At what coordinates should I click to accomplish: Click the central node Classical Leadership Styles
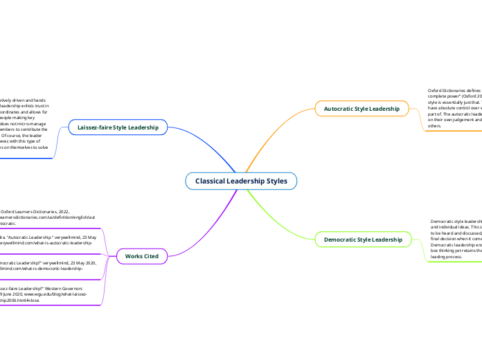(240, 181)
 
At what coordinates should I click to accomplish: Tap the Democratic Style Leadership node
(363, 240)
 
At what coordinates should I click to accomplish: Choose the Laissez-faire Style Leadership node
(118, 127)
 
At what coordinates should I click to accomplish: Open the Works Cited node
(141, 256)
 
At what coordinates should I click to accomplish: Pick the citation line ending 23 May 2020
(42, 263)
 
